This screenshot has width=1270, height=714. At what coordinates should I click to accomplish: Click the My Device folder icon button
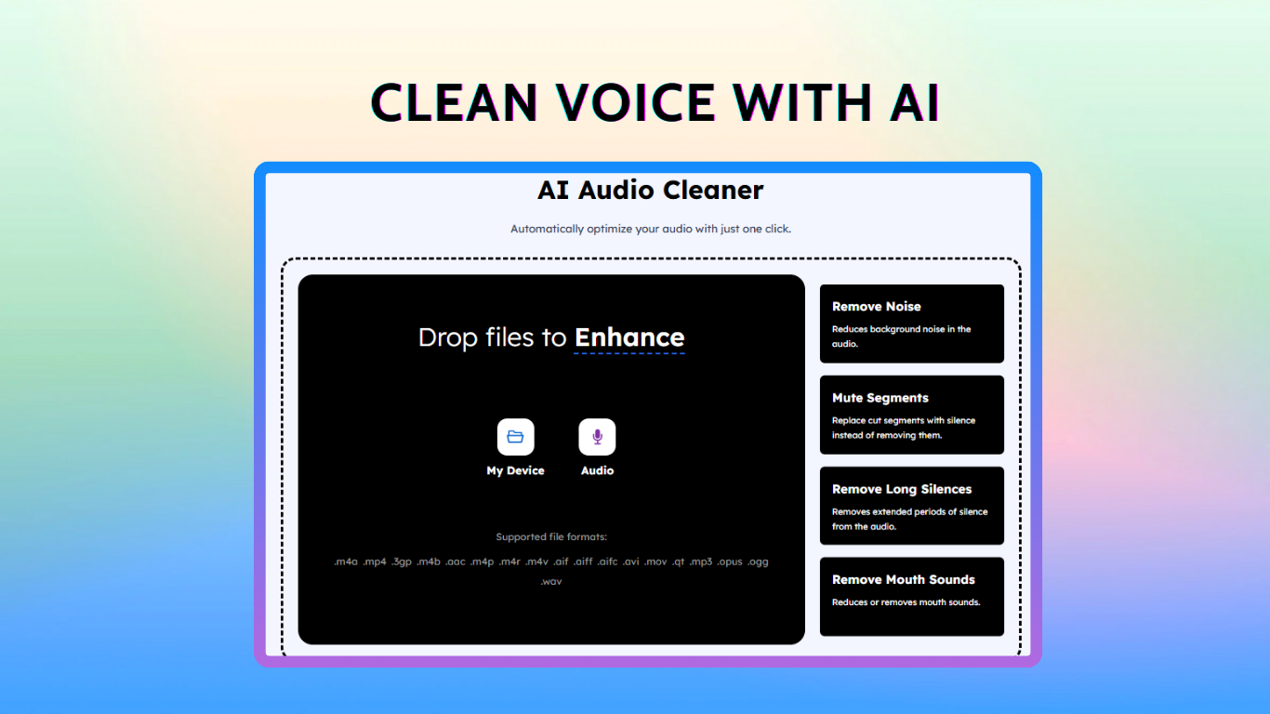tap(515, 437)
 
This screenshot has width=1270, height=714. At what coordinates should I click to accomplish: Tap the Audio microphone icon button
tap(597, 437)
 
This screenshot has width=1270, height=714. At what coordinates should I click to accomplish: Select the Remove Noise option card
tap(912, 324)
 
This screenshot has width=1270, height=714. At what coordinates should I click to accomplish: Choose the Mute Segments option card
tap(912, 415)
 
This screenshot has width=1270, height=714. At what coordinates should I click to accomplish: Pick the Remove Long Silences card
tap(912, 506)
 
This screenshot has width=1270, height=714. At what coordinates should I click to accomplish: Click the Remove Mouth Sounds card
tap(912, 597)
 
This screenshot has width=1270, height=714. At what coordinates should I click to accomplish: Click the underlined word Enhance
tap(629, 338)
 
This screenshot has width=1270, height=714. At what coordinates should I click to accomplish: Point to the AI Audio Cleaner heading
tap(650, 190)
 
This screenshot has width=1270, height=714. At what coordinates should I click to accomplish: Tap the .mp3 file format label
tap(701, 562)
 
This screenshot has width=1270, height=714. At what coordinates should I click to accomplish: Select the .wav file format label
tap(551, 581)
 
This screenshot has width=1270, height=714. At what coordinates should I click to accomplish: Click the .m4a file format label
tap(346, 562)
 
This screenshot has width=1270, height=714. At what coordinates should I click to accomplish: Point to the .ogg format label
tap(758, 562)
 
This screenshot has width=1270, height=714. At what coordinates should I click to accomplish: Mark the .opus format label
tap(730, 562)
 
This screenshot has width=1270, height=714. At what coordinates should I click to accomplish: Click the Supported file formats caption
tap(551, 536)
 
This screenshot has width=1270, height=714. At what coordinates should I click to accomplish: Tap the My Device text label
tap(515, 470)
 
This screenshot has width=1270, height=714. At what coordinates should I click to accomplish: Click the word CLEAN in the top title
tap(454, 102)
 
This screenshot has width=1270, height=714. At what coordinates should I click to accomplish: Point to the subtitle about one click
tap(650, 229)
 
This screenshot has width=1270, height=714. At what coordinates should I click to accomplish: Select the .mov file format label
tap(655, 562)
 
